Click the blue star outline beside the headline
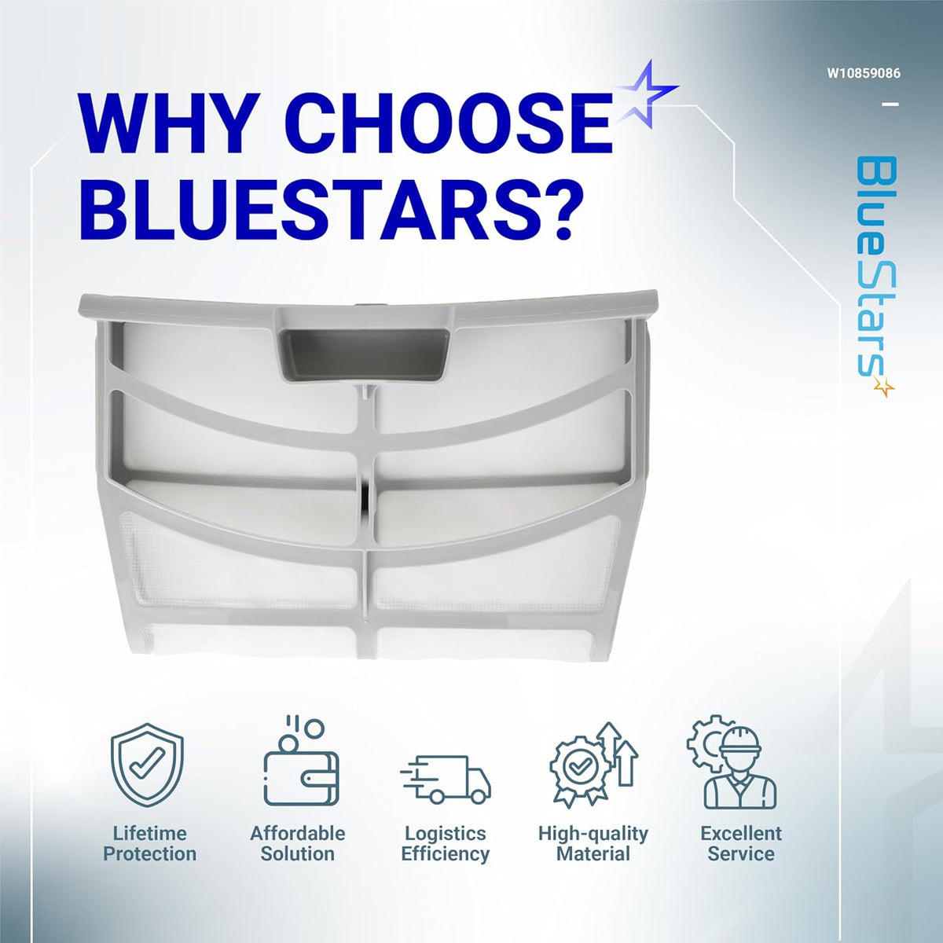[647, 93]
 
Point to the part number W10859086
[864, 73]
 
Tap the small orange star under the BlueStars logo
[884, 387]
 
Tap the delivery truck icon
[446, 779]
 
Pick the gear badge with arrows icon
[593, 765]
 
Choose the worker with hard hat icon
[732, 762]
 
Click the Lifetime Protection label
[150, 844]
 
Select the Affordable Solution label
[298, 844]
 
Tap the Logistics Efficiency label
[446, 844]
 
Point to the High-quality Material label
[593, 844]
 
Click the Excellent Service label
[741, 844]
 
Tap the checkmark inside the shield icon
[147, 762]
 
